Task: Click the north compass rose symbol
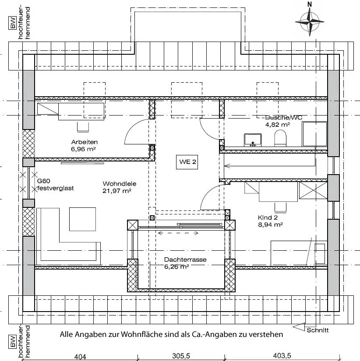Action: pos(310,20)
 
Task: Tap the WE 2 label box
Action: pos(187,161)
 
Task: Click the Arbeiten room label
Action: pos(84,142)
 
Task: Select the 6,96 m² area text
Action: pos(84,149)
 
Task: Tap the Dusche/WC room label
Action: pos(284,117)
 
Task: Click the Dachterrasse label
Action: pos(185,259)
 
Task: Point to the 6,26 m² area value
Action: pos(176,266)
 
